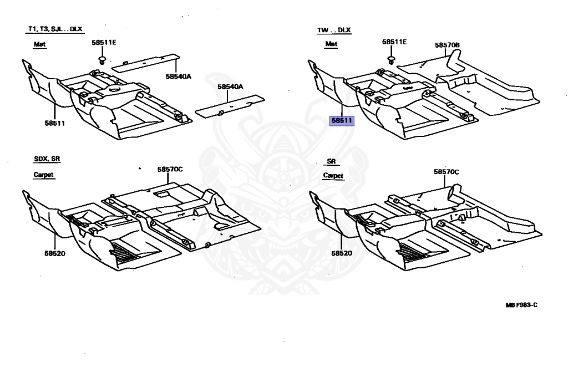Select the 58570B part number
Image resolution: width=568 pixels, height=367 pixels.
pos(447,45)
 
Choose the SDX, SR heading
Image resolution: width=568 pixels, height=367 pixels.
pos(46,159)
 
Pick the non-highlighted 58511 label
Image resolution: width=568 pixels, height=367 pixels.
pos(55,123)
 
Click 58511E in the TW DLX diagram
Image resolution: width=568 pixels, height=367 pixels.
pos(394,42)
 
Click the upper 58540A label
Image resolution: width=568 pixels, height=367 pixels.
pos(178,76)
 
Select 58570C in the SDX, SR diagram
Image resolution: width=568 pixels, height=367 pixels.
pos(170,169)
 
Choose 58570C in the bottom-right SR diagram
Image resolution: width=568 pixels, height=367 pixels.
pos(447,172)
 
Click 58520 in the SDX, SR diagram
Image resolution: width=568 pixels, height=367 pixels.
pos(56,253)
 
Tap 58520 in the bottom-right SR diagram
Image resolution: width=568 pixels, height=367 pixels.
pos(342,253)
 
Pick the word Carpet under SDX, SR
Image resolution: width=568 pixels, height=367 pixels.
pos(44,175)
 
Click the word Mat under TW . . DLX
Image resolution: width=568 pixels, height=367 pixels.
pos(331,44)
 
